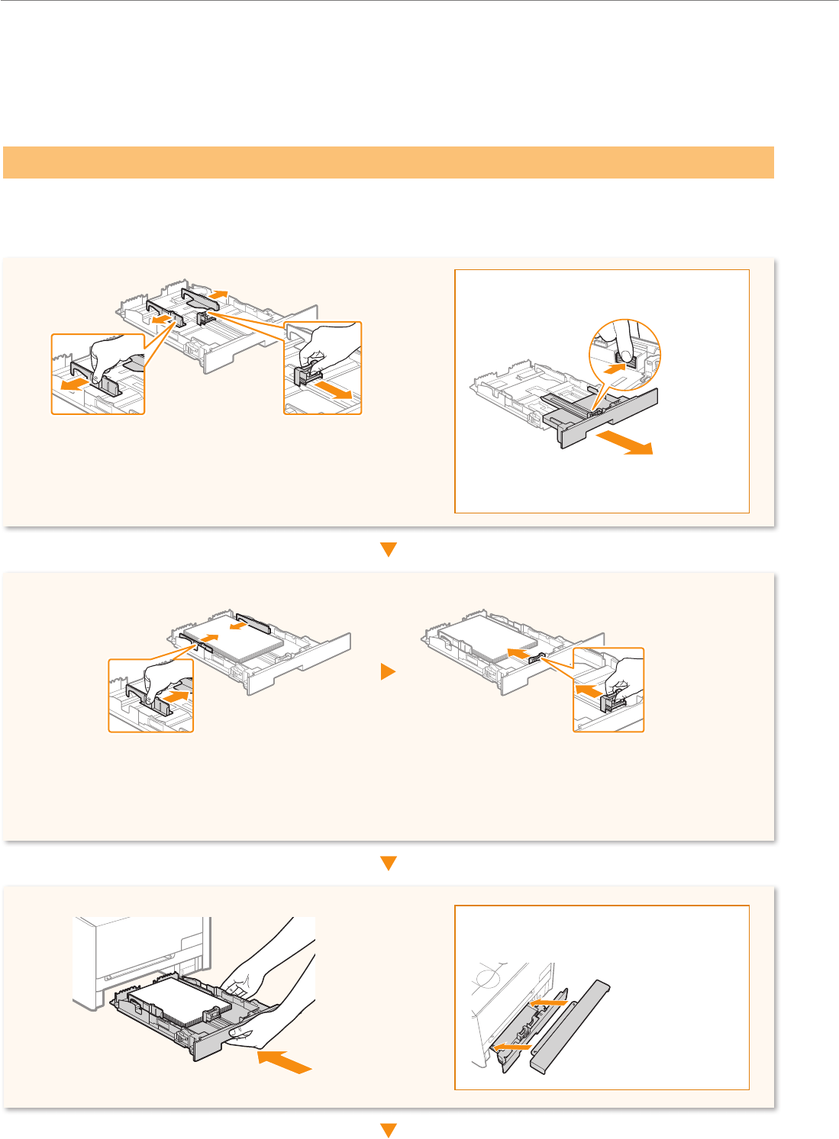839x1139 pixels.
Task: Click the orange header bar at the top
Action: coord(388,162)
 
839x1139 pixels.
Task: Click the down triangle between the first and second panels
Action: coord(389,549)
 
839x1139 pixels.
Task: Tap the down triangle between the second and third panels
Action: coord(389,864)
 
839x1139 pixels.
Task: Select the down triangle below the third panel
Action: coord(389,1130)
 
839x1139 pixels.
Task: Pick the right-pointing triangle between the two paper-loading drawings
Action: coord(389,672)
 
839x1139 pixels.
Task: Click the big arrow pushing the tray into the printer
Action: coord(285,1061)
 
